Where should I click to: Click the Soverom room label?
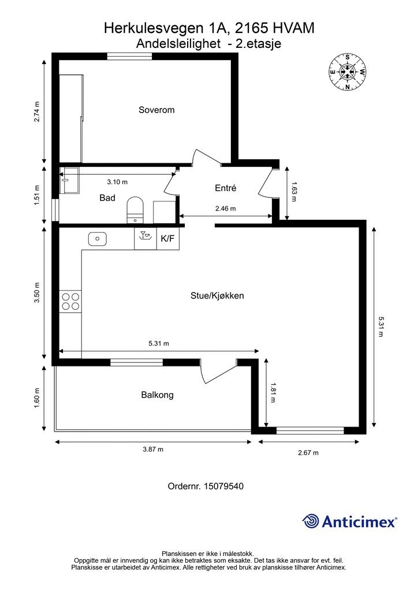coord(156,110)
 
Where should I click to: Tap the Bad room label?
coord(107,198)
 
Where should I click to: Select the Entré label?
coord(226,188)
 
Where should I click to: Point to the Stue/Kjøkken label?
coord(217,295)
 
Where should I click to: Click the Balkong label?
coord(157,395)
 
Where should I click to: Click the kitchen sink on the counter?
coord(97,238)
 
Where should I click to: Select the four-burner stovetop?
coord(70,301)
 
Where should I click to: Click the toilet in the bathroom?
coord(135,208)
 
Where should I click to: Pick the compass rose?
coord(348,72)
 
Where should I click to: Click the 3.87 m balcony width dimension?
coord(152,450)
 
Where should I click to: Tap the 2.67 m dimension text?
coord(308,453)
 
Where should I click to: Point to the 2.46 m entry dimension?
coord(225,209)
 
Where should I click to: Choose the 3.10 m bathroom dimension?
coord(117,182)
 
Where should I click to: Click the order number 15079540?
coord(206,487)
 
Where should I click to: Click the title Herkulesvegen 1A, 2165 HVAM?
coord(209,28)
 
